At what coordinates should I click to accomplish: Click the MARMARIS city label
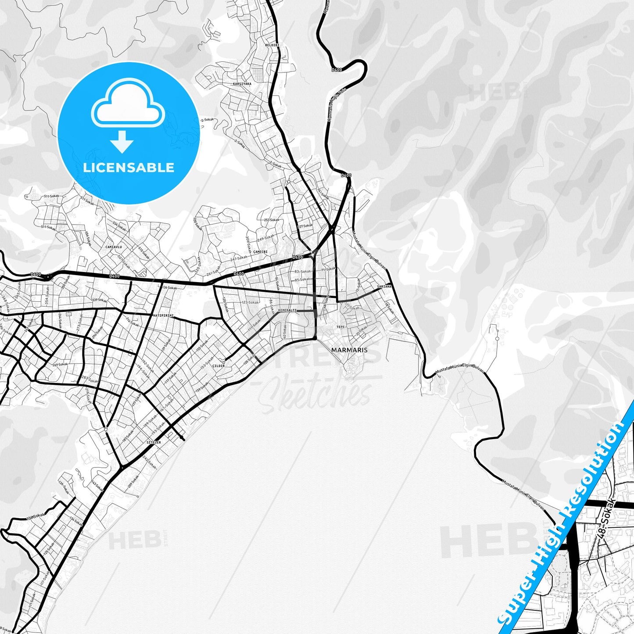(x=349, y=350)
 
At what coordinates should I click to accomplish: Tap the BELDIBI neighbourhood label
(x=272, y=45)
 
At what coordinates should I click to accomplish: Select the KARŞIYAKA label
(x=242, y=83)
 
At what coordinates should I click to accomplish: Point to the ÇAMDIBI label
(x=260, y=252)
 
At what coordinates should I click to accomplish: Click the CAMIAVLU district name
(x=113, y=247)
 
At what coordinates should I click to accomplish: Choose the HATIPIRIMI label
(x=163, y=315)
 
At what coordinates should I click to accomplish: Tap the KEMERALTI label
(x=287, y=311)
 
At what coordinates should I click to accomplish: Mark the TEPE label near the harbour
(x=340, y=327)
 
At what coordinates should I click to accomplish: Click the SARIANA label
(x=384, y=287)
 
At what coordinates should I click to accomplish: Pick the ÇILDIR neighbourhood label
(x=218, y=365)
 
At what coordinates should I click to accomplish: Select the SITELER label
(x=154, y=443)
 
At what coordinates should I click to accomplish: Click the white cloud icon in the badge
(x=128, y=104)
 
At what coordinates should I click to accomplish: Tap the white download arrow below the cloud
(x=122, y=141)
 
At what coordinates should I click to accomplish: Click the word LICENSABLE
(x=129, y=168)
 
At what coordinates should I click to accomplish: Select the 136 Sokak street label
(x=169, y=288)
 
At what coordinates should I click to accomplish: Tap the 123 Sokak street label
(x=250, y=302)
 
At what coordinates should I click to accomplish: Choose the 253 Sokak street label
(x=271, y=220)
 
